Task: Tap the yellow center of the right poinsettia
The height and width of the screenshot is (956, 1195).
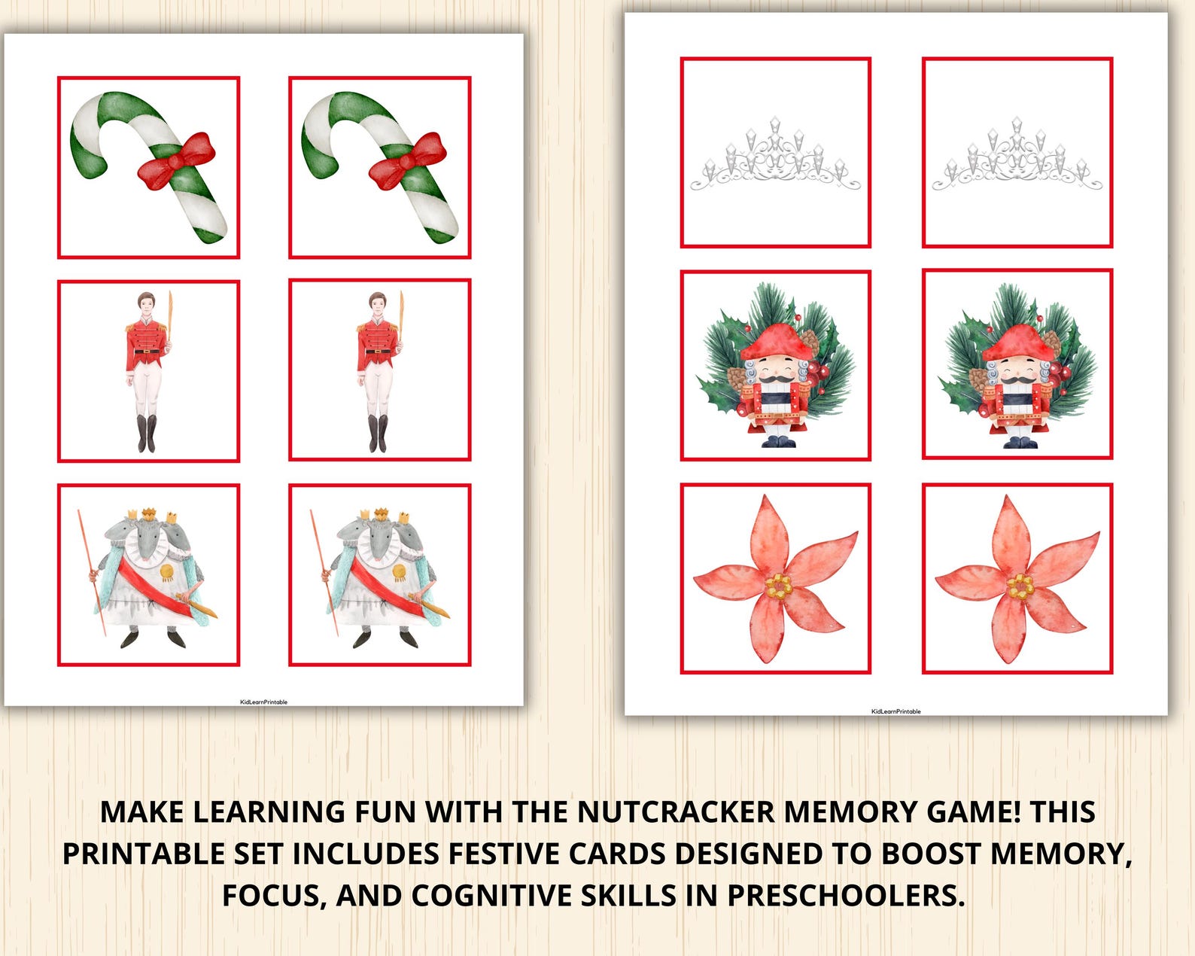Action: pyautogui.click(x=1020, y=586)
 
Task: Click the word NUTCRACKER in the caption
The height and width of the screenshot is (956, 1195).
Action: pyautogui.click(x=676, y=812)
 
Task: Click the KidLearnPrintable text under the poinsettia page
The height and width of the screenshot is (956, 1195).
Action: pyautogui.click(x=895, y=711)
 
